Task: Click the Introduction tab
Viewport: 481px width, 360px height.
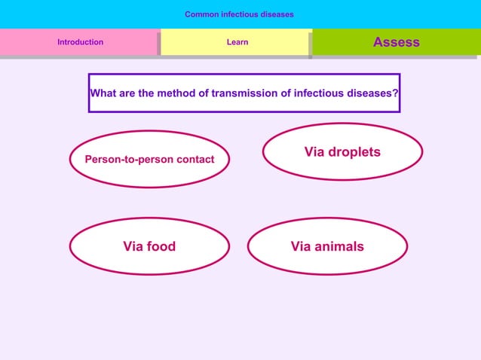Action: click(81, 42)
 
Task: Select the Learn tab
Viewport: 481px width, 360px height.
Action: click(237, 42)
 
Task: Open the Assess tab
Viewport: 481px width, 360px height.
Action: click(396, 42)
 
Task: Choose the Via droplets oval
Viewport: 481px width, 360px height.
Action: click(342, 152)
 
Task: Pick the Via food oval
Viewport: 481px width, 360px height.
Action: click(149, 246)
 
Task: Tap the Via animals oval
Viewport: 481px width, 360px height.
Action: click(327, 246)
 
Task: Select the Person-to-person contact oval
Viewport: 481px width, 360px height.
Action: click(149, 160)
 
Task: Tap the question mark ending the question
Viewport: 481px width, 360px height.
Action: click(395, 93)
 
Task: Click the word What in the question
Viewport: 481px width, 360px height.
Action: click(103, 93)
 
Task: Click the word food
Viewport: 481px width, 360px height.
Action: click(161, 246)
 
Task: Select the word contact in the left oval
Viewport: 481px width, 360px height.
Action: click(195, 160)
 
